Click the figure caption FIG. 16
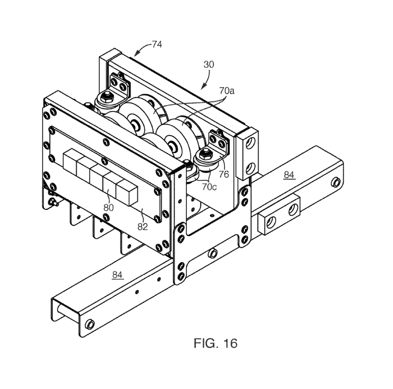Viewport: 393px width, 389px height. (215, 343)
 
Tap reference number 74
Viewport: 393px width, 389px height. (157, 45)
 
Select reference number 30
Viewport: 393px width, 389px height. (209, 64)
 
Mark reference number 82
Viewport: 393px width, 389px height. (143, 226)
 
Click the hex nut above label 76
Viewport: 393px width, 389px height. (207, 153)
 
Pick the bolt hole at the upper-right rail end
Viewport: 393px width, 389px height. (335, 183)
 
